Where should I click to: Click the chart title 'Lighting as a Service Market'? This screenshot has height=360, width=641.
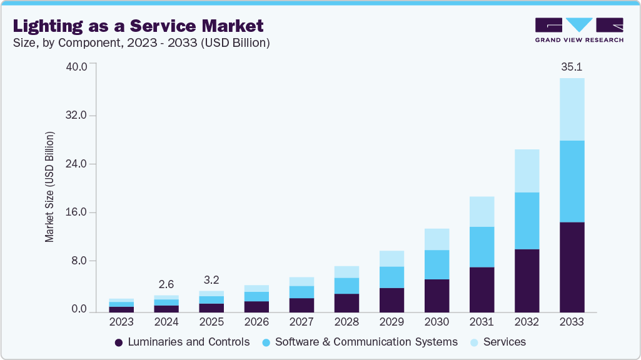click(x=138, y=26)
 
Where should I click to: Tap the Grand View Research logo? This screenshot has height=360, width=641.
click(x=578, y=30)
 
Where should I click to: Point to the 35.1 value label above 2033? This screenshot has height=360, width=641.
click(x=572, y=67)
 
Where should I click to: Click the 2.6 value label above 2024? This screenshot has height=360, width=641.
click(x=166, y=284)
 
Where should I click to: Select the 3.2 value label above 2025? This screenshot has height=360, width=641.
click(x=211, y=279)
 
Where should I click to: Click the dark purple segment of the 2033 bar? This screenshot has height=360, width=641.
click(x=572, y=267)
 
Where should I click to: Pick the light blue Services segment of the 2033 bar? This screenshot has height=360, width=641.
click(x=572, y=109)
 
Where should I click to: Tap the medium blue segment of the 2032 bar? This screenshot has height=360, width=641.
click(x=527, y=221)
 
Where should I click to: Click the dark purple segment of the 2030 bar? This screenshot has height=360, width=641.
click(x=437, y=296)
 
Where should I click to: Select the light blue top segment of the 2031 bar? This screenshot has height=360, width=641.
click(x=482, y=211)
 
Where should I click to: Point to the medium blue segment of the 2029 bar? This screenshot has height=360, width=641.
click(x=391, y=277)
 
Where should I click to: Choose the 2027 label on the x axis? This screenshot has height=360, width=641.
click(x=301, y=322)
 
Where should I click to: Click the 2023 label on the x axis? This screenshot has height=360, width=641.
click(x=121, y=322)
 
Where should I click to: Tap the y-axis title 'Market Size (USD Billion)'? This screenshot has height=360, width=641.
click(x=50, y=187)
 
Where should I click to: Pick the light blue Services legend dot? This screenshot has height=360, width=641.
click(x=475, y=342)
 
